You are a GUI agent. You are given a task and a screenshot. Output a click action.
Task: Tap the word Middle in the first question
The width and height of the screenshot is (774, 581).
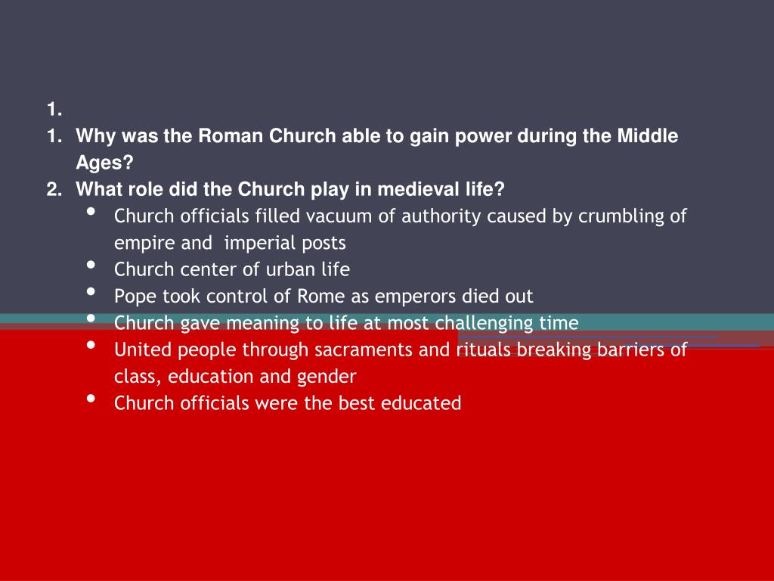(648, 136)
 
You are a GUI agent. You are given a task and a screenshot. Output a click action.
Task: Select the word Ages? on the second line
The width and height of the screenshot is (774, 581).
(104, 163)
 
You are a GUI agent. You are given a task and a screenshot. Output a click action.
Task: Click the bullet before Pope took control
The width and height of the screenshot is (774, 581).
(91, 293)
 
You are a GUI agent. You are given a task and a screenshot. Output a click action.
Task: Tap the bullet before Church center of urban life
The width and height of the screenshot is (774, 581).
(91, 266)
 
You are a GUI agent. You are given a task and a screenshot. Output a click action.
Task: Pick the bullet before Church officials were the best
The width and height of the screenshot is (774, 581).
(91, 399)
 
